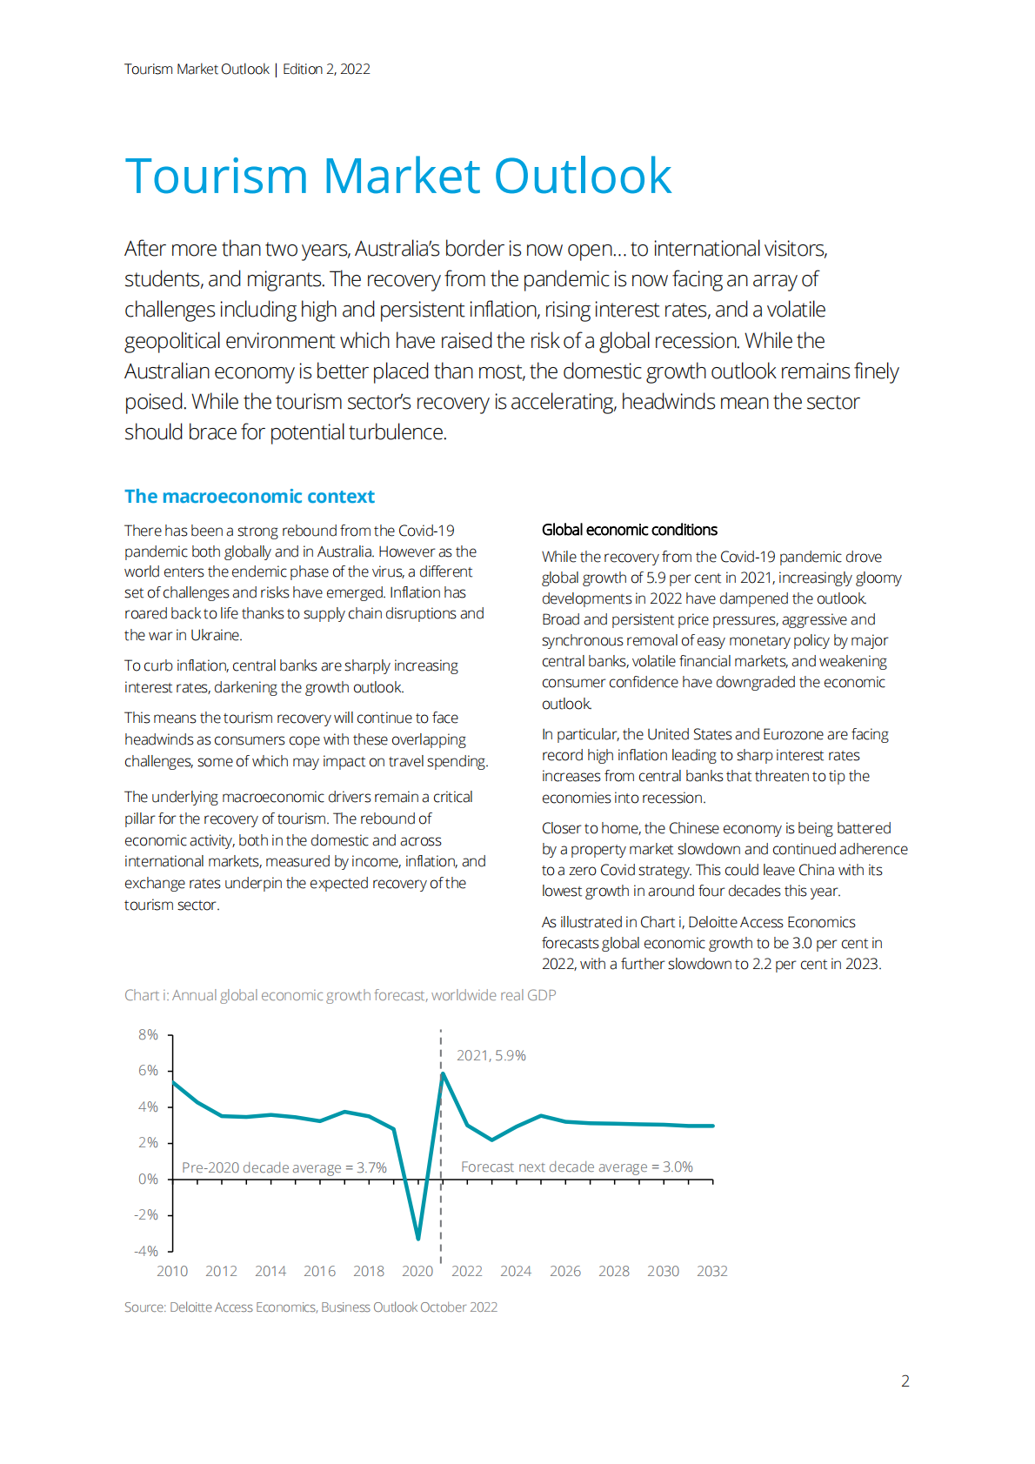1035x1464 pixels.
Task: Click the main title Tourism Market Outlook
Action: [397, 176]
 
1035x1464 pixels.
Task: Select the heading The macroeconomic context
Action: [249, 497]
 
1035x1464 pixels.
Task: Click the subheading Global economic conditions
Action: [629, 530]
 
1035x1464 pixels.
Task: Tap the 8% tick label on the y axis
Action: [148, 1034]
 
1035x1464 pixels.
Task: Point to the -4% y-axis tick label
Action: [146, 1251]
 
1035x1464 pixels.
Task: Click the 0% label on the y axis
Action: [148, 1179]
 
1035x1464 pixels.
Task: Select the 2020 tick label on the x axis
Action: [417, 1271]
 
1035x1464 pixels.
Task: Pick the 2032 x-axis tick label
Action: [711, 1271]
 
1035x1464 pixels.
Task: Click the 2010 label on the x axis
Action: [172, 1271]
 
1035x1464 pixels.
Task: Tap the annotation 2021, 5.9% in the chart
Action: [491, 1055]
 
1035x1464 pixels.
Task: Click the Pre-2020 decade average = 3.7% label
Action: [284, 1167]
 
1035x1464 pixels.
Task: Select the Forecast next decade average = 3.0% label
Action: [577, 1167]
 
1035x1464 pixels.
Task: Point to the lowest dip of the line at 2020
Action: [418, 1238]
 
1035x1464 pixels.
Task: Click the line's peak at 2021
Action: [443, 1073]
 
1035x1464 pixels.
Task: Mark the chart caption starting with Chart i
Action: [340, 995]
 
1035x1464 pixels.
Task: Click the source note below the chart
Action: [310, 1307]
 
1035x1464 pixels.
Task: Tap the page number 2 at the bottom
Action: [905, 1380]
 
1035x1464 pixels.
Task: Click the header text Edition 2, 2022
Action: [326, 70]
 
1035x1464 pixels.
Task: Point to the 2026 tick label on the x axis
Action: [564, 1271]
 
